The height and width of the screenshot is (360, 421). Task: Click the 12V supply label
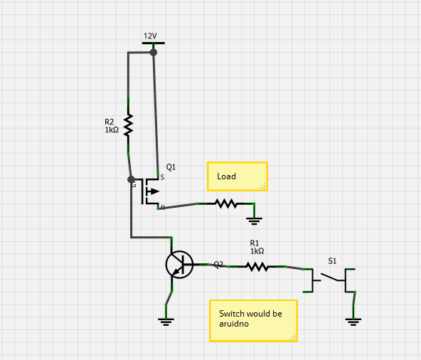point(150,36)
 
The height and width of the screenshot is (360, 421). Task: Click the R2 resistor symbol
point(128,125)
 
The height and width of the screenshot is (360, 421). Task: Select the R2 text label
point(110,122)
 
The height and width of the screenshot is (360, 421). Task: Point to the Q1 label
point(171,167)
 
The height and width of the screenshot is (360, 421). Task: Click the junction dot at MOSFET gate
point(131,179)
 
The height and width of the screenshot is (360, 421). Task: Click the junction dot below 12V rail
point(153,53)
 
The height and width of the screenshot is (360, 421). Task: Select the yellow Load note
point(237,176)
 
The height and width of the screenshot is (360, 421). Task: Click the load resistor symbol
point(226,203)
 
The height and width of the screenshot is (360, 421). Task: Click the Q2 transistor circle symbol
point(178,265)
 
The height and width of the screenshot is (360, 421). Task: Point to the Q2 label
point(218,264)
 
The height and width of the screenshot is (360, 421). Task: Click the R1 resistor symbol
point(257,267)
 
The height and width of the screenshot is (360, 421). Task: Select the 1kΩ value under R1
point(257,251)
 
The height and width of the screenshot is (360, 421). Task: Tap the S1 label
point(332,261)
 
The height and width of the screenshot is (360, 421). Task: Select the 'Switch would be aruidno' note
point(252,320)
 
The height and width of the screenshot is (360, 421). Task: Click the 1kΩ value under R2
point(112,130)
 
